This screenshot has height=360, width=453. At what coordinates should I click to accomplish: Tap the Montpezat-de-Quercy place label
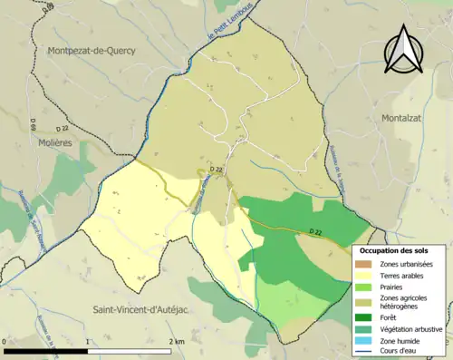pos(89,51)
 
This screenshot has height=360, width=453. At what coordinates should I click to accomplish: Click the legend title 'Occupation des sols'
pos(400,250)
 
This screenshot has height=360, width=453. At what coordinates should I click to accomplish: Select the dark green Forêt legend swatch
pos(366,317)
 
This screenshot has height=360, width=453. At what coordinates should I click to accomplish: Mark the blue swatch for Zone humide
pos(366,341)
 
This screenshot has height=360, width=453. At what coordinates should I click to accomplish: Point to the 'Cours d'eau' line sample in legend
pos(366,352)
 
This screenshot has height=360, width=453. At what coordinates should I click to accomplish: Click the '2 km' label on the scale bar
pos(176,342)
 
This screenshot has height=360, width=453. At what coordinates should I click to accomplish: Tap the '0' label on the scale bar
pos(6,342)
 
